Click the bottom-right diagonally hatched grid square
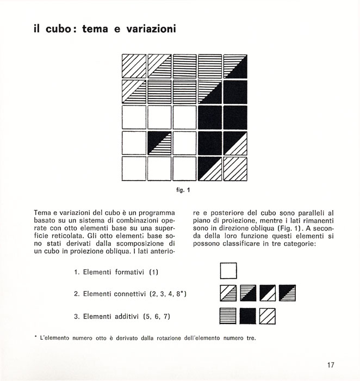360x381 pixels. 235,169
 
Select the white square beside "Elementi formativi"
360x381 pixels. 228,271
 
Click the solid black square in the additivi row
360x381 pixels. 248,316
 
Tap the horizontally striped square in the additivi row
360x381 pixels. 228,316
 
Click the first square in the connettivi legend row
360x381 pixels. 228,293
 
